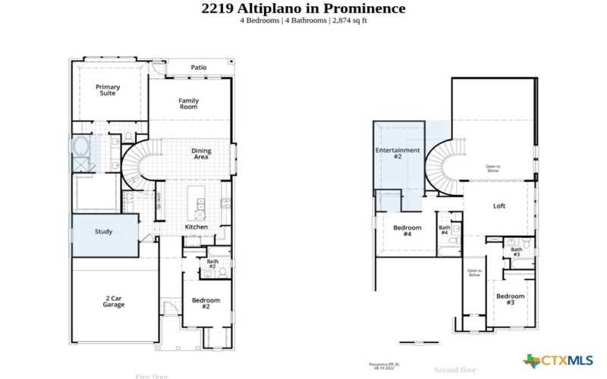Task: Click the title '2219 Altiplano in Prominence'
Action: tap(303, 8)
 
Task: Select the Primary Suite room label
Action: tap(108, 90)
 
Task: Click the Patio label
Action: tap(198, 67)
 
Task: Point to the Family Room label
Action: tap(188, 104)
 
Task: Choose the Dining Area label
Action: tap(201, 154)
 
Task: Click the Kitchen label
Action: tap(197, 227)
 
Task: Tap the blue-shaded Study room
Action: tap(105, 234)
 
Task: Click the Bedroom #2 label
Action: tap(206, 303)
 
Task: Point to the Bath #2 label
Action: tap(212, 264)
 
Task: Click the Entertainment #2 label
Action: tap(398, 153)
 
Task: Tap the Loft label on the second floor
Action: tap(498, 205)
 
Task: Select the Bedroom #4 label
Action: tap(407, 230)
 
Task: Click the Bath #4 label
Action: tap(444, 229)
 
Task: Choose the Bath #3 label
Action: tap(516, 252)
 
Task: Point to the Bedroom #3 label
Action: tap(510, 299)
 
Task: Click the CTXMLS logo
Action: tap(558, 360)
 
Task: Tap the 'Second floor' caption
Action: tap(454, 370)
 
